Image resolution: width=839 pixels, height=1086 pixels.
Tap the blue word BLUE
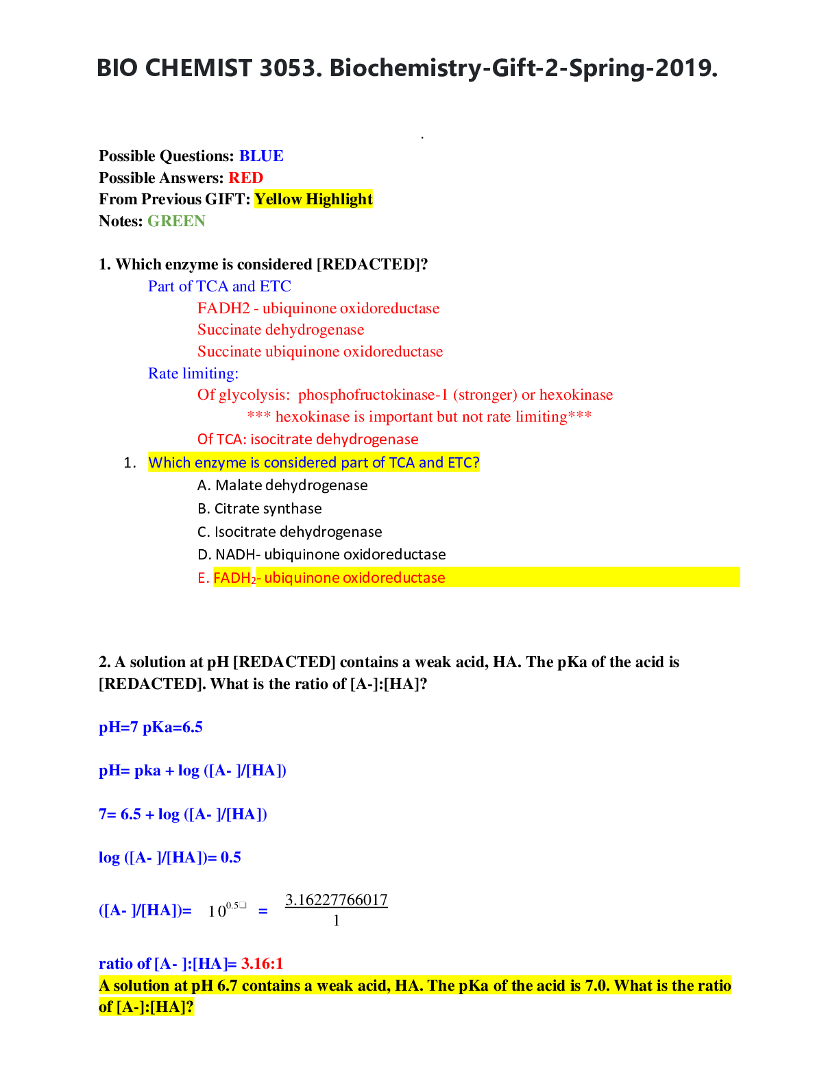tap(261, 156)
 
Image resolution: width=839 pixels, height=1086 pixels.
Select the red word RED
tap(245, 178)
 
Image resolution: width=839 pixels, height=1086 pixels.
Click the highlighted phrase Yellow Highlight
tap(313, 200)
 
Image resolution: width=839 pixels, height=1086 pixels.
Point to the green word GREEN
tap(176, 221)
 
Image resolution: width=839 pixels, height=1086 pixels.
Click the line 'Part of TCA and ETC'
tap(219, 287)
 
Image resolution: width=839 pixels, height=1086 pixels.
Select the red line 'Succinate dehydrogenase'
tap(280, 330)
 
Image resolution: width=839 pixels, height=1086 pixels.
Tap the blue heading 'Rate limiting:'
tap(193, 374)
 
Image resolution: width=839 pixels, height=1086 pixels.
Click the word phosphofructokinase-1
tap(373, 395)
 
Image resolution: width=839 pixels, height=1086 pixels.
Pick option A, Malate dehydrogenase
tap(282, 485)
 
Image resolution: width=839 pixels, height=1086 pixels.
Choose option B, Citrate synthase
tap(260, 509)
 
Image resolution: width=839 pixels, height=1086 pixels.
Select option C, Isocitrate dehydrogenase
tap(290, 532)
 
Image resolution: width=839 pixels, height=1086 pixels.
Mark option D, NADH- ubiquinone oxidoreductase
tap(321, 555)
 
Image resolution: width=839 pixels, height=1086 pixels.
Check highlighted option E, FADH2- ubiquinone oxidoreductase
tap(321, 578)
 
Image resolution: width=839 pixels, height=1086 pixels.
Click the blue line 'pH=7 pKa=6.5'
tap(151, 727)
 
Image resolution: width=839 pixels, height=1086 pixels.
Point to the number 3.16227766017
tap(336, 900)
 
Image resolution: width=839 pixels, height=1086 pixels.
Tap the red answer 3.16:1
tap(262, 964)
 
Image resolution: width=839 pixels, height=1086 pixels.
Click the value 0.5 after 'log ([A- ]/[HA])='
tap(231, 858)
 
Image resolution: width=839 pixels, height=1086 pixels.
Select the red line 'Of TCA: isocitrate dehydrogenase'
tap(308, 439)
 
